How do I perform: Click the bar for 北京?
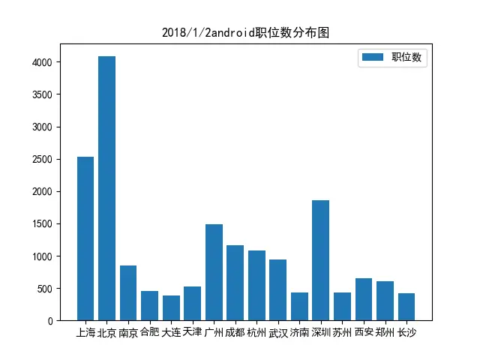click(106, 188)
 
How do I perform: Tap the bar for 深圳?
click(320, 260)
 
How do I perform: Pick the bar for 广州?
click(214, 272)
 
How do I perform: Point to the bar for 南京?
click(128, 293)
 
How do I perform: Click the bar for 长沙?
click(406, 307)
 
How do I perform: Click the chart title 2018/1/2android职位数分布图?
click(246, 33)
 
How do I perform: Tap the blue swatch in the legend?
click(373, 57)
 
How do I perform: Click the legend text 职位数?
click(409, 58)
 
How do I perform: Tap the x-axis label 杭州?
click(256, 332)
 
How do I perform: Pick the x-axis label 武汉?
click(277, 332)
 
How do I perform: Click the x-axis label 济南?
click(299, 332)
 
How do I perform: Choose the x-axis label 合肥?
click(150, 332)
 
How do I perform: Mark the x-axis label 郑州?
click(385, 332)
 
